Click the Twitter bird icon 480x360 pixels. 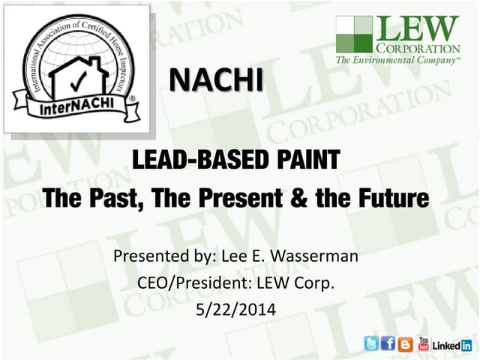coord(371,344)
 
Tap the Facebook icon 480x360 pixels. coord(388,344)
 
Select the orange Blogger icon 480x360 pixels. coord(406,344)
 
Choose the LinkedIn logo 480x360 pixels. coord(453,345)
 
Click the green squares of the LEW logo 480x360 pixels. coord(354,34)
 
